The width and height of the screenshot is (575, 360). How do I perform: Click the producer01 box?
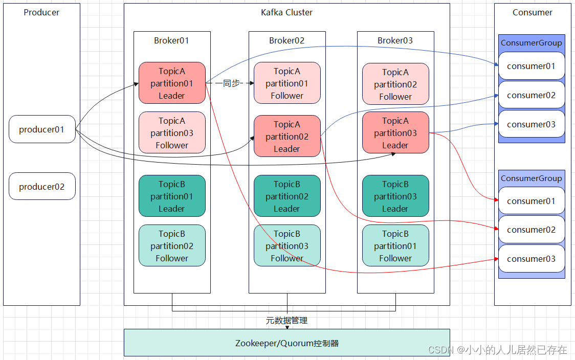point(42,129)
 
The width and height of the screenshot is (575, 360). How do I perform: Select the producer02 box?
point(42,187)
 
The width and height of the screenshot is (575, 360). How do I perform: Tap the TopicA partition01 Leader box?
point(172,83)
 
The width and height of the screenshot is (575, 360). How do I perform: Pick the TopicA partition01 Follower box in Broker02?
point(287,83)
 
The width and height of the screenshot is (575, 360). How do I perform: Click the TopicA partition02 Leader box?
point(287,137)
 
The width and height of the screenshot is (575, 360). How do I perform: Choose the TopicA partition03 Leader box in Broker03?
point(395,133)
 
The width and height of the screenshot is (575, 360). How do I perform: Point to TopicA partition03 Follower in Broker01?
point(172,133)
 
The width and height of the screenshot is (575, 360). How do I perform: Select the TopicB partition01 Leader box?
point(172,196)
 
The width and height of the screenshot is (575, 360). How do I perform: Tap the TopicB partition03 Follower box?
point(287,246)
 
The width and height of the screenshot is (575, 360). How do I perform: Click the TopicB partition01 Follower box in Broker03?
point(395,246)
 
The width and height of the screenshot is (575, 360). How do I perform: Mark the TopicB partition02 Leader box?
point(287,196)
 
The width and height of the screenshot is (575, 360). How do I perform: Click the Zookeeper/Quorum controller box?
point(287,343)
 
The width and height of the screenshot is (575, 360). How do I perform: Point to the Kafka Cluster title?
point(287,12)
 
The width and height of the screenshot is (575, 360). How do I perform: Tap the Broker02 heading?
point(287,40)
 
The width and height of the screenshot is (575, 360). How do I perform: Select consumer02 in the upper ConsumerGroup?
point(532,95)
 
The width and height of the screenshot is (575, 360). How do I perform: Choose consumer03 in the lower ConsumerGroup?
point(532,259)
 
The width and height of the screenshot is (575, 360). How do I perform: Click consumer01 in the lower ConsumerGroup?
point(532,201)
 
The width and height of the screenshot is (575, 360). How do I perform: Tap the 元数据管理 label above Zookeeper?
point(287,321)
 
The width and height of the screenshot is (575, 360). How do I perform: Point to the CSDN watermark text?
point(498,350)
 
